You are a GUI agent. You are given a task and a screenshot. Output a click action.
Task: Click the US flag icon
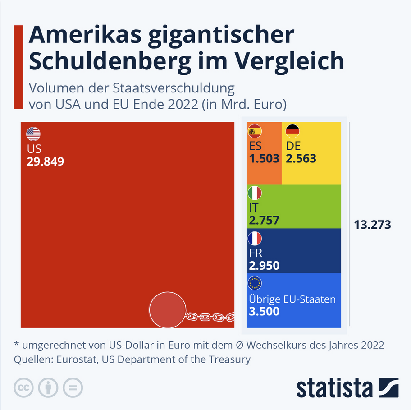[33, 134]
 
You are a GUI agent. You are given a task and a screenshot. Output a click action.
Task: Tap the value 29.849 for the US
[45, 161]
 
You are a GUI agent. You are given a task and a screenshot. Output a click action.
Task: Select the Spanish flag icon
[255, 131]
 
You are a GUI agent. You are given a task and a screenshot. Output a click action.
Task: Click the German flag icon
[292, 131]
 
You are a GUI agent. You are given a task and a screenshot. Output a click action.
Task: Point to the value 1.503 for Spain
[264, 158]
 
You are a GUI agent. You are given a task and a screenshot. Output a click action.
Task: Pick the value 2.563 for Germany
[301, 158]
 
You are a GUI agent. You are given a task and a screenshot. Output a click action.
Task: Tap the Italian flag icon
[255, 193]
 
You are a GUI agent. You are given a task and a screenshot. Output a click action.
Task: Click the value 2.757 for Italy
[264, 220]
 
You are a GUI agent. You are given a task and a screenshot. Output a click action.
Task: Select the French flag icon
[255, 238]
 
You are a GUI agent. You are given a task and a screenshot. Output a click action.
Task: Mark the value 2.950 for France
[264, 265]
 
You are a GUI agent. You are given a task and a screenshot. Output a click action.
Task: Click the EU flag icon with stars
[255, 283]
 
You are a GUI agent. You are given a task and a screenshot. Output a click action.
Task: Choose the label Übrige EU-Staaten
[292, 299]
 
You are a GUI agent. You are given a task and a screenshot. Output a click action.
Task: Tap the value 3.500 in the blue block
[264, 311]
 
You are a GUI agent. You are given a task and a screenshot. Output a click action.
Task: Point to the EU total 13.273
[373, 224]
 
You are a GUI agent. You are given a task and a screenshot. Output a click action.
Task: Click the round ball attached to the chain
[167, 310]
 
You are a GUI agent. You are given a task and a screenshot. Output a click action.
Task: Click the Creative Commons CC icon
[23, 387]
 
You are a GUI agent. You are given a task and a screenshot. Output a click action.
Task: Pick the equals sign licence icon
[72, 387]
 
